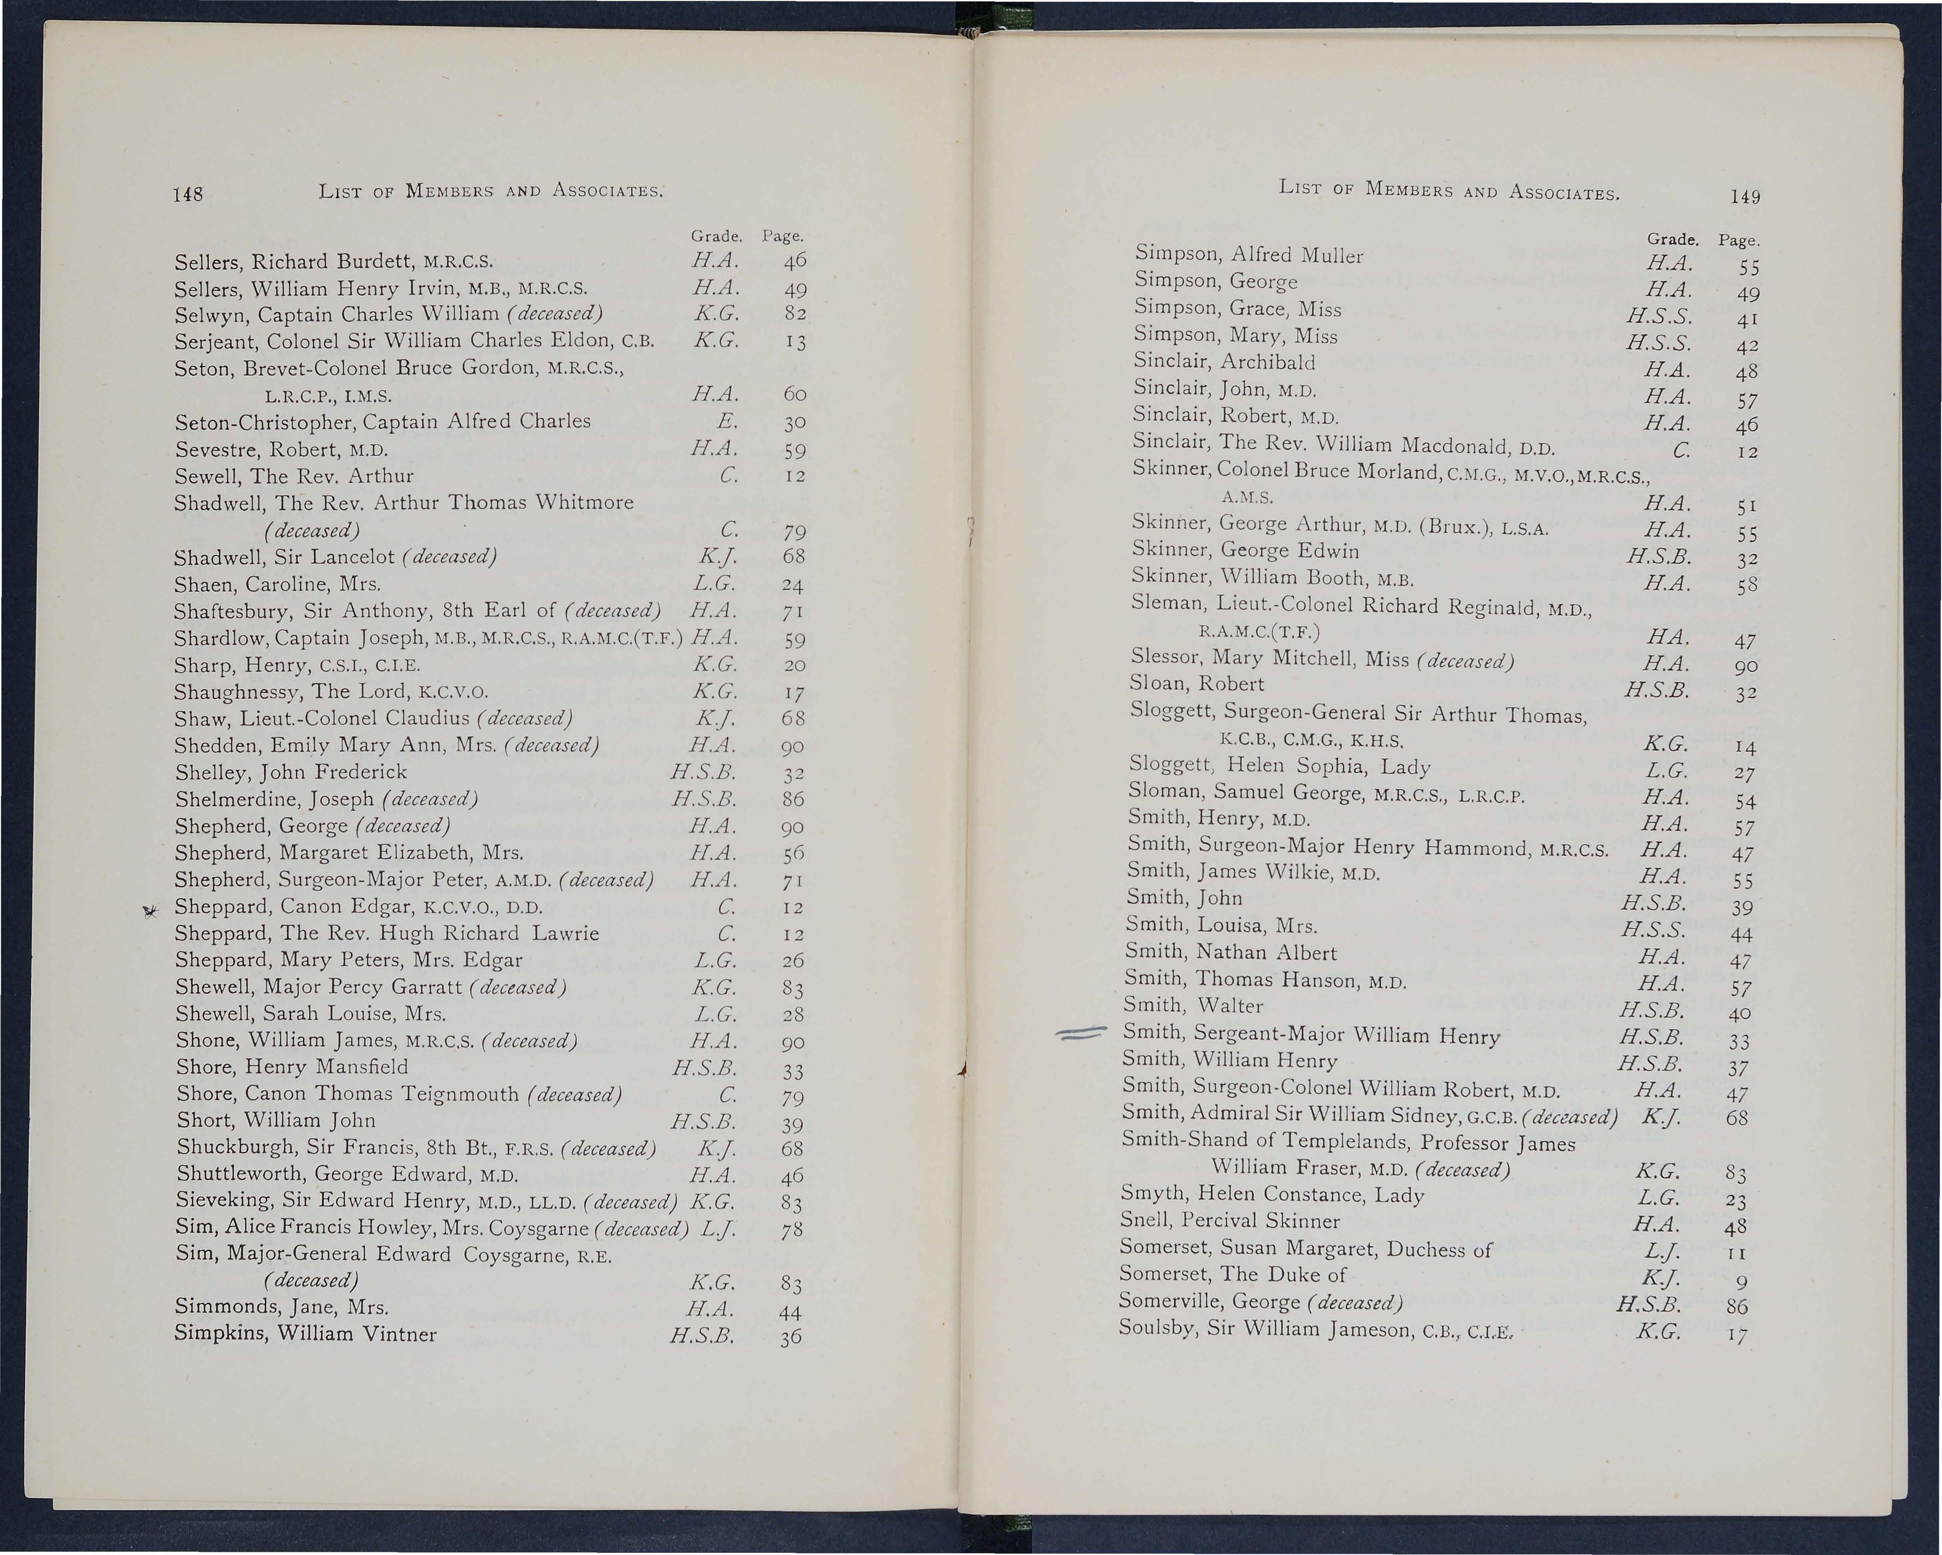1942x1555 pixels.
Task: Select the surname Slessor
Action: (x=1166, y=656)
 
